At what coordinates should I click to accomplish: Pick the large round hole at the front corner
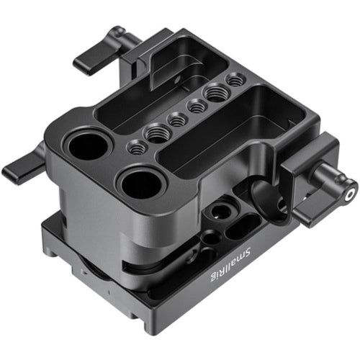(x=140, y=185)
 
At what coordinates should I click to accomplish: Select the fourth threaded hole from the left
(x=197, y=107)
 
